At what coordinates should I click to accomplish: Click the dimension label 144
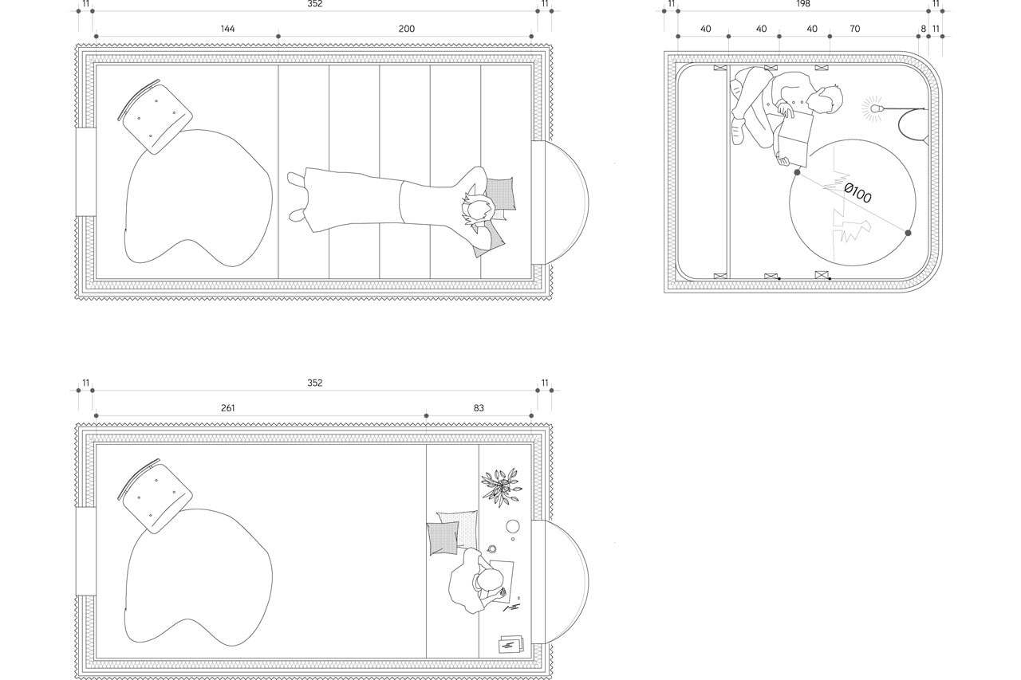227,29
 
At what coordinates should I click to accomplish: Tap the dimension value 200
407,29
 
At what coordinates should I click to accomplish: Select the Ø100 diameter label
857,193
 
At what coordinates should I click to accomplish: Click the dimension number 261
227,408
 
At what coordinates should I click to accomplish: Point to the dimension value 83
479,408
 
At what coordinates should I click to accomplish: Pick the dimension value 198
803,4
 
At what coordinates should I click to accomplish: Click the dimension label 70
854,29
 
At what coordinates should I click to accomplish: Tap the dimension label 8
924,29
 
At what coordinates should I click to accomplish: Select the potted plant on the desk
502,487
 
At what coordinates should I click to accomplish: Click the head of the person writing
487,581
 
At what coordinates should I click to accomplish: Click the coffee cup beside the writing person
492,548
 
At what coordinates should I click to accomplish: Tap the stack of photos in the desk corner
511,644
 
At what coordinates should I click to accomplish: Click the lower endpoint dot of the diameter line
908,233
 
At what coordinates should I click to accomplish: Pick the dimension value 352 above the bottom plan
315,383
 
